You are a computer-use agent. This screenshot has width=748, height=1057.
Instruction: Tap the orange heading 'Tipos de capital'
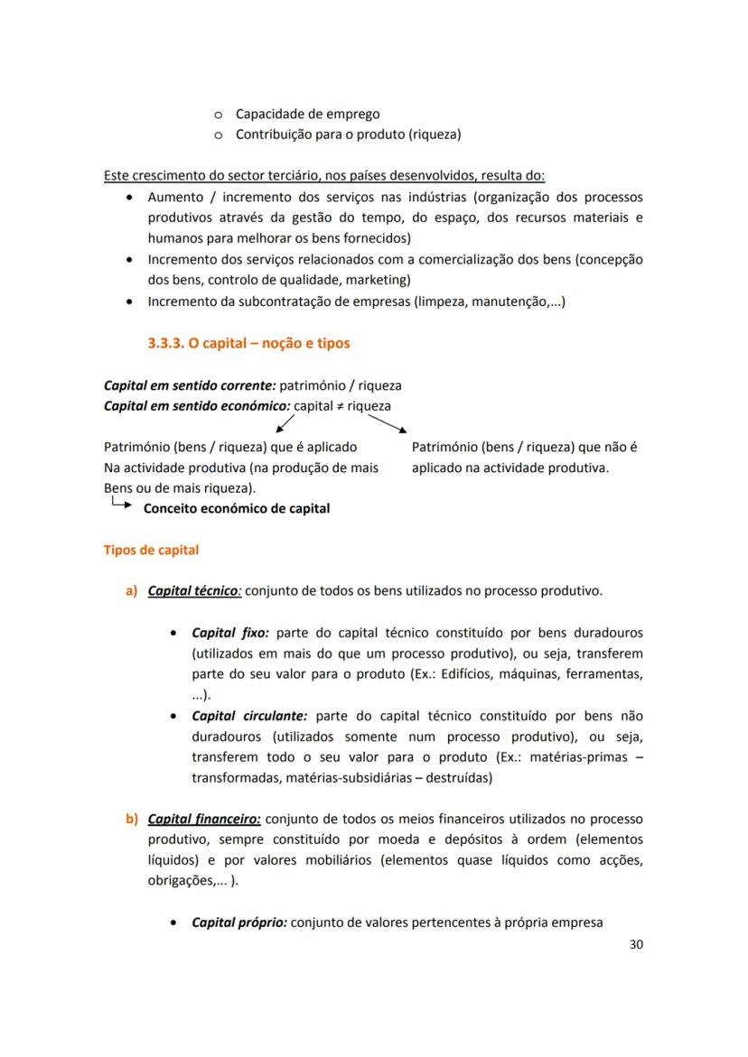[151, 550]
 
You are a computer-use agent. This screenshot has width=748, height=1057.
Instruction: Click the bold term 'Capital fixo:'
[229, 633]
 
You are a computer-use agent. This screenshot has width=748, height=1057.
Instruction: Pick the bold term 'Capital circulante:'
[249, 716]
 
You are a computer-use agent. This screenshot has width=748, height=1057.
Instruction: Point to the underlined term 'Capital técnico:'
[194, 591]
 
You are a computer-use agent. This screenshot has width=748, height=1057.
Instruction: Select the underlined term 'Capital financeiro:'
[204, 819]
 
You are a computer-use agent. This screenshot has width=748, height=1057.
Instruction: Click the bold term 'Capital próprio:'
[239, 923]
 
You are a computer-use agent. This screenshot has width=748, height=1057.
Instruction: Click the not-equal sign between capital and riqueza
[339, 406]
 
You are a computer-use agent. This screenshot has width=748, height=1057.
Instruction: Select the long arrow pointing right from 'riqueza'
[387, 424]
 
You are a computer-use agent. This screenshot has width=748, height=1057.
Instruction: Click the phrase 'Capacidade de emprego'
[307, 114]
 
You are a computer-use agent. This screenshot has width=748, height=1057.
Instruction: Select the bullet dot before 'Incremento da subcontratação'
[132, 301]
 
